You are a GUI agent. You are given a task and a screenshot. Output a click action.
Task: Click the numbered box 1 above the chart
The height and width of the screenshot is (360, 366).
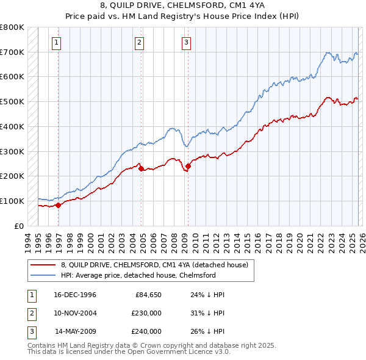pos(56,42)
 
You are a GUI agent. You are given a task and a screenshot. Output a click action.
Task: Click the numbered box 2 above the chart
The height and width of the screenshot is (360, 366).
pos(139,42)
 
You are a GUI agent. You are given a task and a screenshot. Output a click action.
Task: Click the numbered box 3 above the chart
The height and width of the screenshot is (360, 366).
pos(186,42)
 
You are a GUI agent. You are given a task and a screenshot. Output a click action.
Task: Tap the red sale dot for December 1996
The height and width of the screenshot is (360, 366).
pos(59,205)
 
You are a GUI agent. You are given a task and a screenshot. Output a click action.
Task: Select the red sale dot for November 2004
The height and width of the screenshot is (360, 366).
pos(142,169)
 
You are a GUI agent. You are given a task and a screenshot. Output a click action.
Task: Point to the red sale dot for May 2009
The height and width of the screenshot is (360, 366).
pos(188,166)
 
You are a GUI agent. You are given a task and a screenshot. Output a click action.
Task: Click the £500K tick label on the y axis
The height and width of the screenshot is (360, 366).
pos(12,102)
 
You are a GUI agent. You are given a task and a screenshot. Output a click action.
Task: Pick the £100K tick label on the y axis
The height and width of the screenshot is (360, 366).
pos(12,201)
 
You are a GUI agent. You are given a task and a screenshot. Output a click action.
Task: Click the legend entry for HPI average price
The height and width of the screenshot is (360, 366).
pos(138,275)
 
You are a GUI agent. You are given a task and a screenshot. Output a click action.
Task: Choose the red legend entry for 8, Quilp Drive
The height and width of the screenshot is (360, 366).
pos(154,265)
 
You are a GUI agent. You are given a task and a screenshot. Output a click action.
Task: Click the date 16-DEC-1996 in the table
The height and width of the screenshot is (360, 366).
pos(75,295)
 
